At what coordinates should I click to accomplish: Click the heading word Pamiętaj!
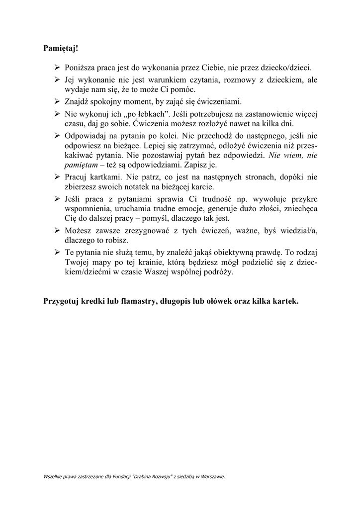point(61,49)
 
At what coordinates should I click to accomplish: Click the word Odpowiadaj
point(86,135)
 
